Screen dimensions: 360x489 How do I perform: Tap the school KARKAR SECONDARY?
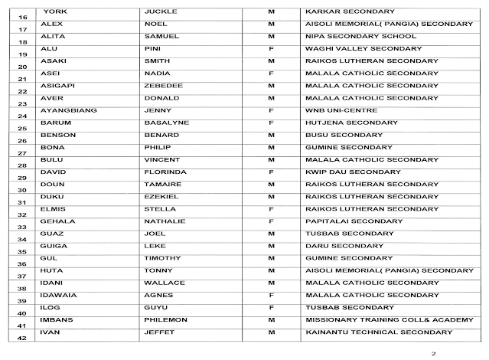tap(349, 12)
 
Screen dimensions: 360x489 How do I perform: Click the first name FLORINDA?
tap(165, 172)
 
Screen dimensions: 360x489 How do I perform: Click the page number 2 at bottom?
tap(433, 354)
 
